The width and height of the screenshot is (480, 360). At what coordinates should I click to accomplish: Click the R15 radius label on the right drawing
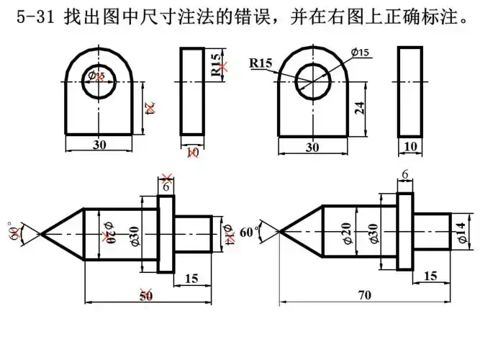tap(261, 63)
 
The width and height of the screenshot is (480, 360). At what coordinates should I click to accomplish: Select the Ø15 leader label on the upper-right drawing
tap(360, 53)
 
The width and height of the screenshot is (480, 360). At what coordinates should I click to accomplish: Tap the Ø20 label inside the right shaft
tap(347, 233)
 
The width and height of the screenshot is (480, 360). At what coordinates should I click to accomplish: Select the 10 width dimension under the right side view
tap(411, 146)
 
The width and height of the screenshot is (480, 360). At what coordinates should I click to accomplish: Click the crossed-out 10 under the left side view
tap(192, 153)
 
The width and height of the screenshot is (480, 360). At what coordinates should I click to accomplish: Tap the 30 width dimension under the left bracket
tap(99, 144)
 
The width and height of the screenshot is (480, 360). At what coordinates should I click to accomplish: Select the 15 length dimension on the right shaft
tap(430, 276)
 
